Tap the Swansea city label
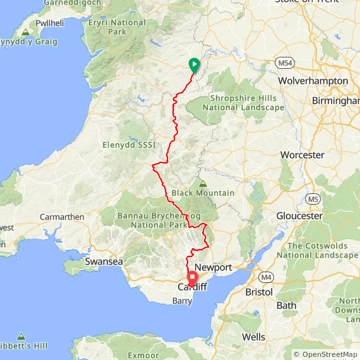coord(104,261)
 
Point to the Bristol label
coord(259,293)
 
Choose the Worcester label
coord(303,155)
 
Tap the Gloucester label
coord(299,216)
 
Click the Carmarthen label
coord(62,217)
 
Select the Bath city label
coord(286,306)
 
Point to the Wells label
coord(253,337)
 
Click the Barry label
coord(183,301)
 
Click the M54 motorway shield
coord(284,63)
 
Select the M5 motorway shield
coord(313,200)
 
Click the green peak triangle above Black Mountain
coord(203,184)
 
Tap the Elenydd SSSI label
coord(129,145)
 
